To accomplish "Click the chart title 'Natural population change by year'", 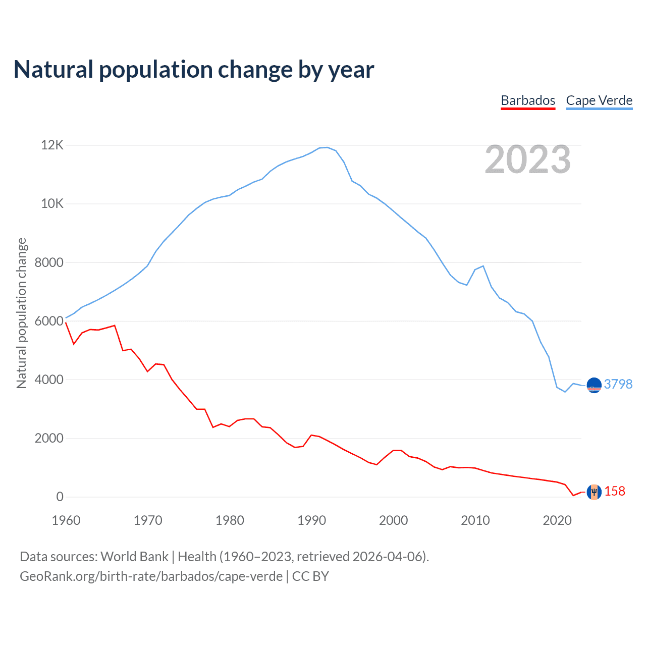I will [194, 70].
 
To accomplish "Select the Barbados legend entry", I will [528, 100].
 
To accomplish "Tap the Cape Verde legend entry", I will [599, 100].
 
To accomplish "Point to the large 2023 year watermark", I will [527, 159].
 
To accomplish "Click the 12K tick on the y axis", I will [52, 145].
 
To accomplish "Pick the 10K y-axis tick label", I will [52, 204].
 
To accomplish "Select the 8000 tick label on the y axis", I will [49, 262].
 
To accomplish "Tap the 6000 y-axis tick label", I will [49, 321].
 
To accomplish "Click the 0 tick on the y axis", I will [60, 497].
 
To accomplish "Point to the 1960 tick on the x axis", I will [66, 520].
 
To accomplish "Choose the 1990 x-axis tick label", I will [311, 520].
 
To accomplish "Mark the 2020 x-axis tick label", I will [557, 520].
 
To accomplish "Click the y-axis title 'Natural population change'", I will [22, 313].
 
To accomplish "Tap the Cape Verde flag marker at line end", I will [594, 385].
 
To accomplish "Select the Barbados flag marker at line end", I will [594, 492].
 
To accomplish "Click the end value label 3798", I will [618, 384].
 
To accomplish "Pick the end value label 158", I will [615, 491].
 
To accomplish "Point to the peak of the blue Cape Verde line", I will [327, 147].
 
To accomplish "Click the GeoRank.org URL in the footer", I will [151, 576].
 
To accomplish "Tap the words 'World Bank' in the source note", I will [134, 557].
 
